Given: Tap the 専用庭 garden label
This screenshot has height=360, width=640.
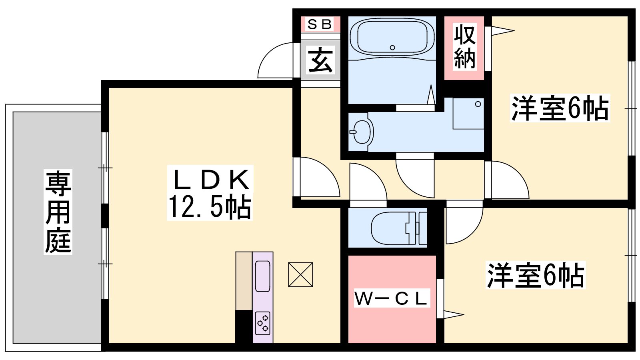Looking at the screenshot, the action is (58, 212).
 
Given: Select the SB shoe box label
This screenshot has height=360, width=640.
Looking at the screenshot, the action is (320, 24).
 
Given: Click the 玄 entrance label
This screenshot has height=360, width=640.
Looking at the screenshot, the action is (320, 60).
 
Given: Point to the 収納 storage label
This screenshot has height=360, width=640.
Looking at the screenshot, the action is (465, 46).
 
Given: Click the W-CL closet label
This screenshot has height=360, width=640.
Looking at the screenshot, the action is (392, 298).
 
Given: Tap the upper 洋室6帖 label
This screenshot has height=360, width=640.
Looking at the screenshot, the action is (560, 108).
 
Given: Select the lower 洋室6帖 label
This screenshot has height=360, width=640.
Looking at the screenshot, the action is (536, 274).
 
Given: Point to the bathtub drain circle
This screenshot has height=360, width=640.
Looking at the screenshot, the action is (392, 48).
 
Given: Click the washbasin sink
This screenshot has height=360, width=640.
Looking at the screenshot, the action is (362, 132).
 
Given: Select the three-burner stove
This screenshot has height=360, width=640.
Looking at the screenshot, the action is (263, 323).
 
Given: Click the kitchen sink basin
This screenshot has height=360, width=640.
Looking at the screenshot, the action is (262, 276).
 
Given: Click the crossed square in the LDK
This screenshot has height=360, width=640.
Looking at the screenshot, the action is (300, 274).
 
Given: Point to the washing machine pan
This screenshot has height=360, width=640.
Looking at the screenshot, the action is (468, 114).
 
